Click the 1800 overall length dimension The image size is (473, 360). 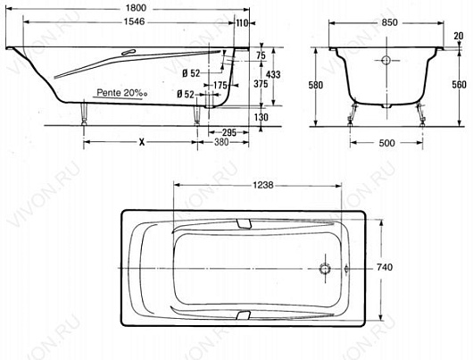point(136,8)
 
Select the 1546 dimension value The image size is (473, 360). point(134,21)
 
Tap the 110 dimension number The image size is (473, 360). point(242,22)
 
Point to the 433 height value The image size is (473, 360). point(273,74)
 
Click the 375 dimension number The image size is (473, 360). point(261,84)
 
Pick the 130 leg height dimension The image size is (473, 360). point(261,117)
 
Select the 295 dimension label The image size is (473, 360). point(229,132)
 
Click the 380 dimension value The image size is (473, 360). point(221,142)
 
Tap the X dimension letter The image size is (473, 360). point(142,142)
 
